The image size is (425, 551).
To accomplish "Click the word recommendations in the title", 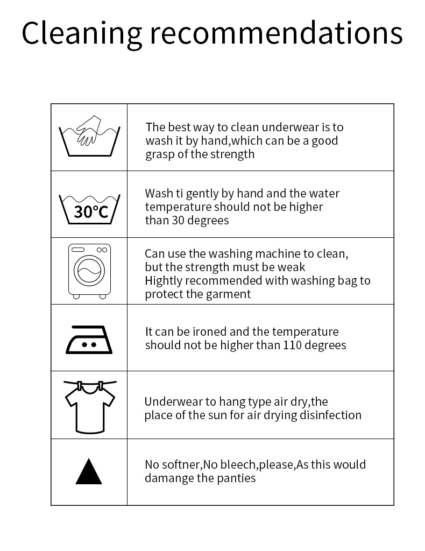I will tap(275, 33).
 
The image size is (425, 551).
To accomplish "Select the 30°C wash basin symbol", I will tap(89, 207).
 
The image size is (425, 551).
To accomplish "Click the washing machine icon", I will tap(89, 271).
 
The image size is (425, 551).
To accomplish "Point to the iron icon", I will tap(89, 340).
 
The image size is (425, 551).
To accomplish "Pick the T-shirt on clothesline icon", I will tap(89, 406).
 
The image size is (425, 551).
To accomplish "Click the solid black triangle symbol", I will tap(89, 472).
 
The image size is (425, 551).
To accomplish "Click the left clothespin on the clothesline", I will tap(80, 386).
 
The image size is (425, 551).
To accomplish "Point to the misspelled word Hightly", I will tap(162, 281).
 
